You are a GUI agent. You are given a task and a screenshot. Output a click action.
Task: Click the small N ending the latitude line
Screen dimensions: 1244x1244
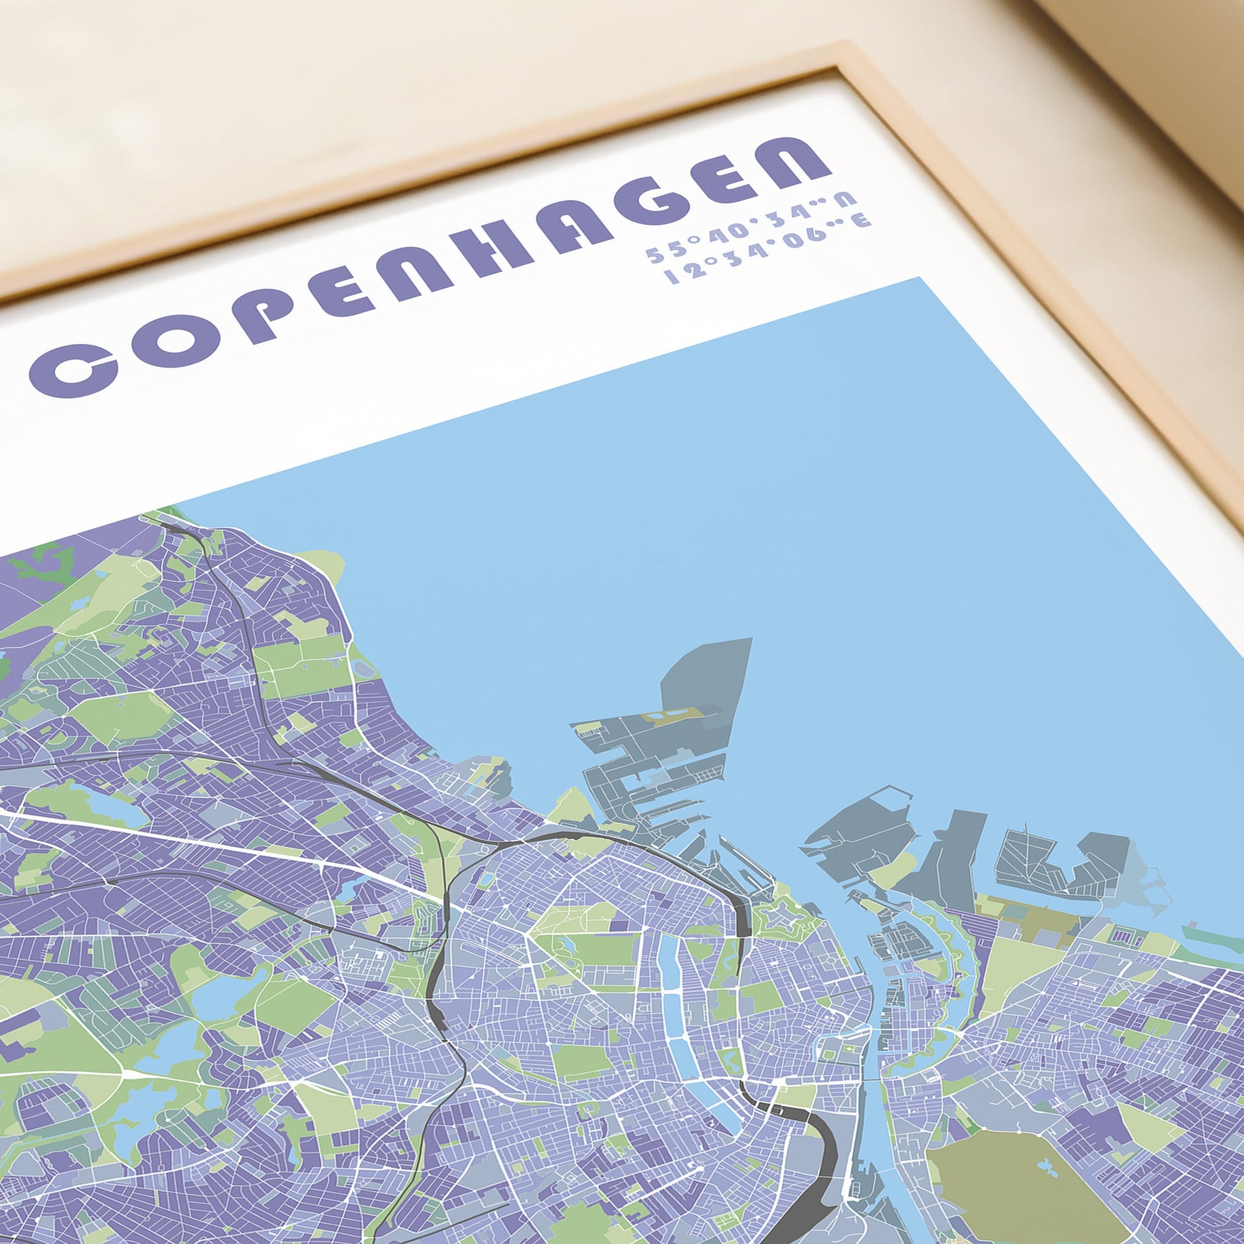click(850, 199)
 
